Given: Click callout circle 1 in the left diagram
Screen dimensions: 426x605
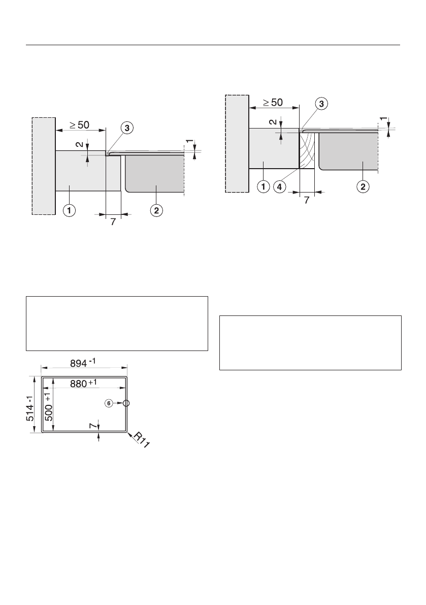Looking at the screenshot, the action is pos(70,210).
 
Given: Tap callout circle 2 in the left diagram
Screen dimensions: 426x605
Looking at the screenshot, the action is pos(156,210).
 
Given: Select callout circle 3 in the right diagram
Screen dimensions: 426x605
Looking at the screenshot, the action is pos(321,104).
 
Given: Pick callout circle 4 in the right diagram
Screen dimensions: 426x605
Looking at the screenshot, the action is pos(279,187).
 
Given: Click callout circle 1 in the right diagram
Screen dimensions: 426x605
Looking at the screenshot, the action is pos(264,187).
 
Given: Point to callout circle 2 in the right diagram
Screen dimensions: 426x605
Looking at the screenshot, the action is pos(363,187).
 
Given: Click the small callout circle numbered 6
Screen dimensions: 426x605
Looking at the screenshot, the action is pos(109,403).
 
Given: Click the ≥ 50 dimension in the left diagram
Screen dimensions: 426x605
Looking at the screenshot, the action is pos(79,125).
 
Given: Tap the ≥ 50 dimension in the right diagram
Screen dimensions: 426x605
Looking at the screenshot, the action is pos(273,102).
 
